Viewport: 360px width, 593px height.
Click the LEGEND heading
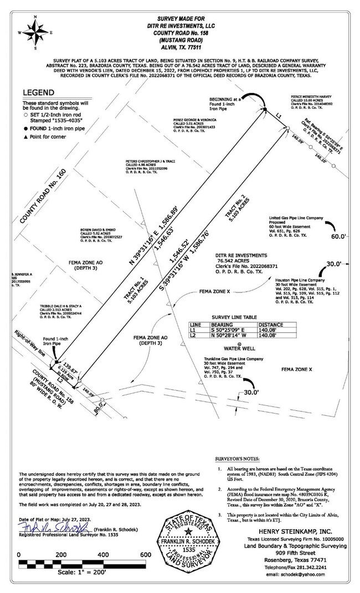pos(38,92)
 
